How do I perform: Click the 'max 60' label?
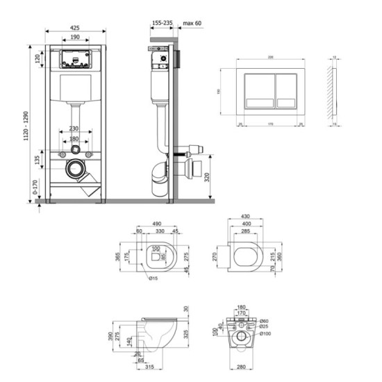pyautogui.click(x=194, y=22)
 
